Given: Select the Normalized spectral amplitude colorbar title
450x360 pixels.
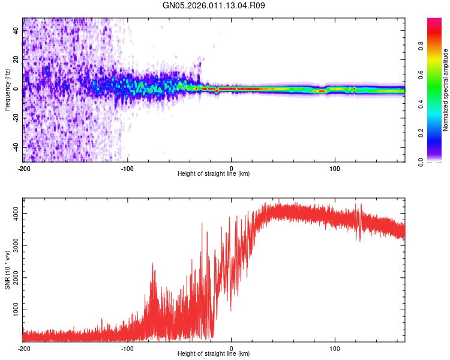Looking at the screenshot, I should tap(445, 90).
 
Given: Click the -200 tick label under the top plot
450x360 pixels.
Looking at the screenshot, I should tap(23, 168).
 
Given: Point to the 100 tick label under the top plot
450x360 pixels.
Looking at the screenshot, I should tap(335, 168).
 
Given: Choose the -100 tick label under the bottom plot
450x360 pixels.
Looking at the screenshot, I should tap(127, 348).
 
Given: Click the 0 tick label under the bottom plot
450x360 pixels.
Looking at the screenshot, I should tap(232, 348).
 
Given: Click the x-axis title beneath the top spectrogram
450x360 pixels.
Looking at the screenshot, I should tap(214, 174).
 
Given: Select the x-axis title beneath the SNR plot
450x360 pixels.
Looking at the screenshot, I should tap(214, 355).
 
